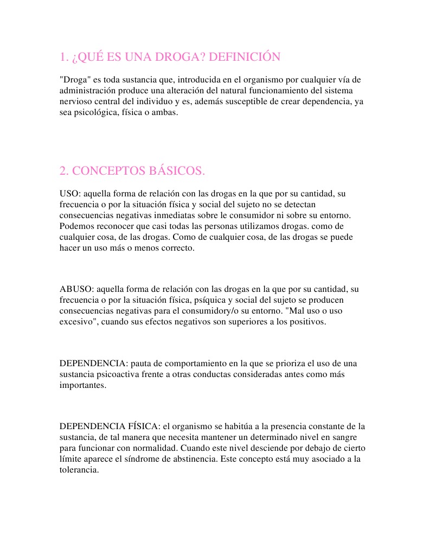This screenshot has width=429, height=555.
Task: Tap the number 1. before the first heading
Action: tap(64, 57)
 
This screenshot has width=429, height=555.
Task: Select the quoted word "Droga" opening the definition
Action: tap(73, 80)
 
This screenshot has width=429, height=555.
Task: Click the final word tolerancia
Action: tap(79, 470)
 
